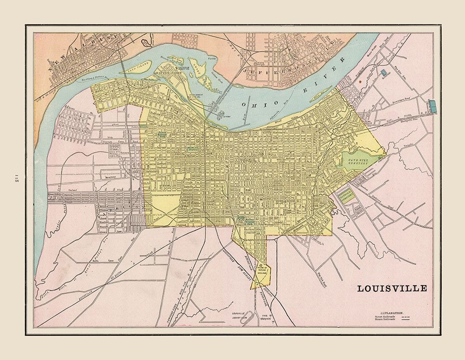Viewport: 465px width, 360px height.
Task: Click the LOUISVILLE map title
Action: coord(392,288)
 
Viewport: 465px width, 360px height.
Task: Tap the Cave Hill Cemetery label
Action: coord(357,162)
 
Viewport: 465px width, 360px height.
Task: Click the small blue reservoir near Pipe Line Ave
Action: coord(383,72)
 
